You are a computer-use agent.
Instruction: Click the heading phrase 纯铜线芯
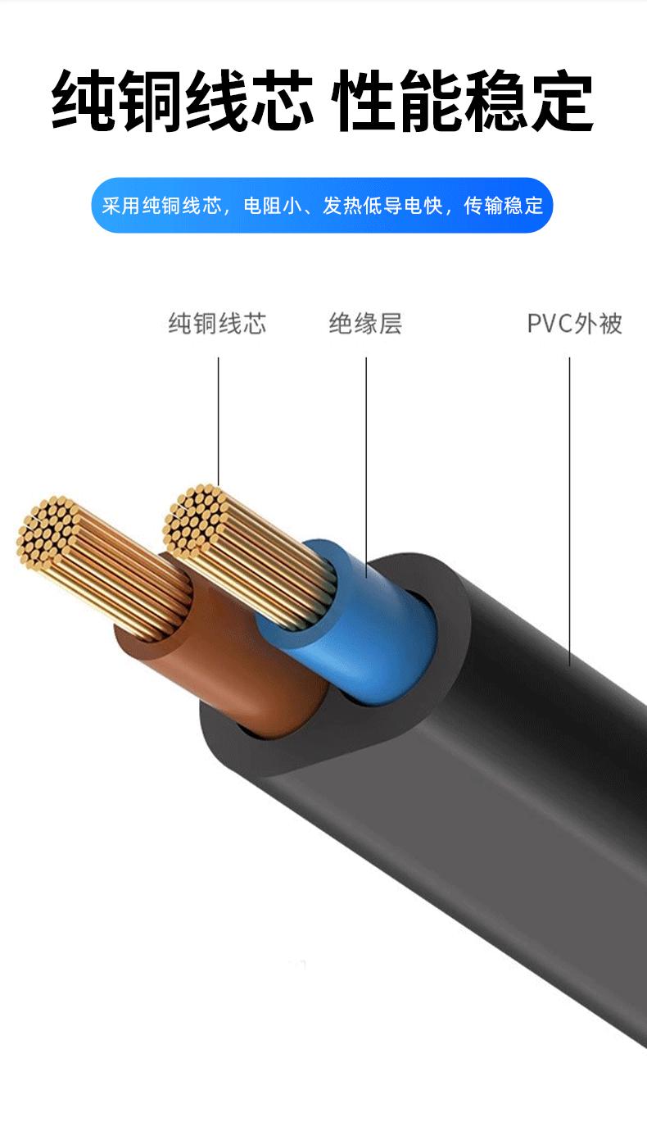pyautogui.click(x=183, y=102)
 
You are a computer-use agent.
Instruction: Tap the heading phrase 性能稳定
pyautogui.click(x=464, y=102)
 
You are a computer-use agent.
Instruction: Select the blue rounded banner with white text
pyautogui.click(x=322, y=205)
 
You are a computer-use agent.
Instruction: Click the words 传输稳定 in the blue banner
pyautogui.click(x=504, y=206)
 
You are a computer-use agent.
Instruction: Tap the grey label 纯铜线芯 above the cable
pyautogui.click(x=218, y=324)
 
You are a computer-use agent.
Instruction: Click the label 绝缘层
pyautogui.click(x=365, y=324)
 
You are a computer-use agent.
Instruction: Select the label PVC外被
pyautogui.click(x=574, y=324)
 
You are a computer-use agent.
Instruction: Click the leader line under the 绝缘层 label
pyautogui.click(x=366, y=459)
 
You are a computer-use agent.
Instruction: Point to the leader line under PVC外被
pyautogui.click(x=570, y=508)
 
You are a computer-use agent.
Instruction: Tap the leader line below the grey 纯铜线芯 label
pyautogui.click(x=219, y=418)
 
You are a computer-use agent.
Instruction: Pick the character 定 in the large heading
pyautogui.click(x=562, y=102)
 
